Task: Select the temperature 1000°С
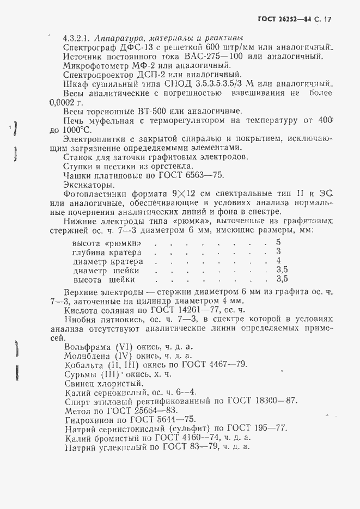[77, 130]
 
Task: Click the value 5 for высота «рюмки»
[278, 242]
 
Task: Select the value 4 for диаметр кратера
[278, 261]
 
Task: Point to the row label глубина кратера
[107, 252]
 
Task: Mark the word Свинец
[79, 383]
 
